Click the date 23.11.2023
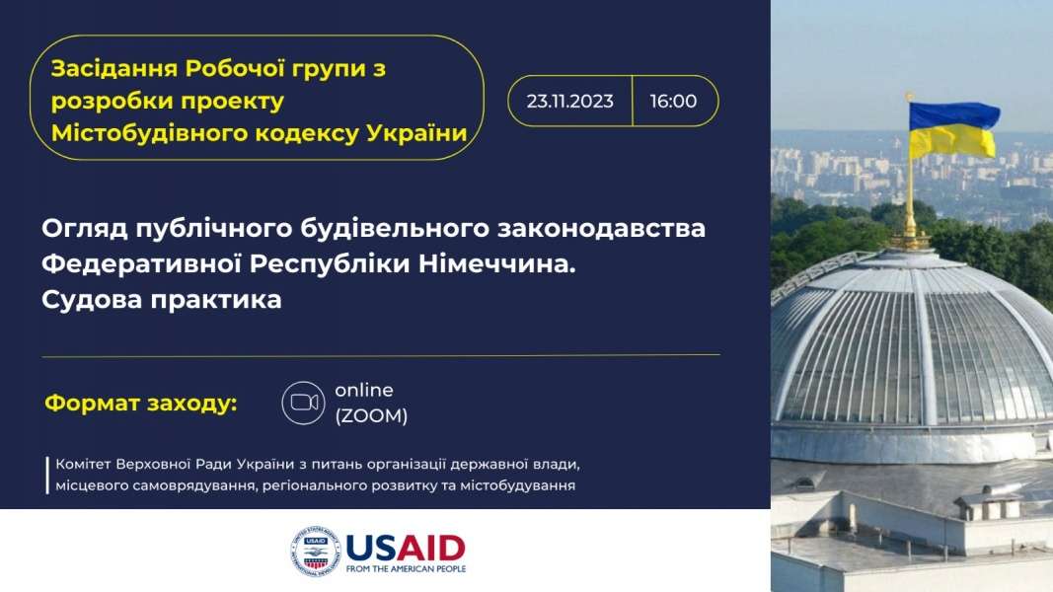(569, 101)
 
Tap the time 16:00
(673, 101)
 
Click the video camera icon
(304, 403)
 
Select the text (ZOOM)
(371, 416)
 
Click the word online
(364, 390)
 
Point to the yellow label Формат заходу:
(141, 404)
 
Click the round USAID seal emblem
(316, 552)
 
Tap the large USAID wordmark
(405, 548)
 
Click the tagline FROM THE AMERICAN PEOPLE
(406, 568)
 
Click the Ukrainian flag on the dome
(953, 129)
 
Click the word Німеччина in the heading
(497, 263)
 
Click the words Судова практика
(161, 300)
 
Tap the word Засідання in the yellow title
(114, 68)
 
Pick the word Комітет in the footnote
(83, 464)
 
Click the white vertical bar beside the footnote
(47, 476)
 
